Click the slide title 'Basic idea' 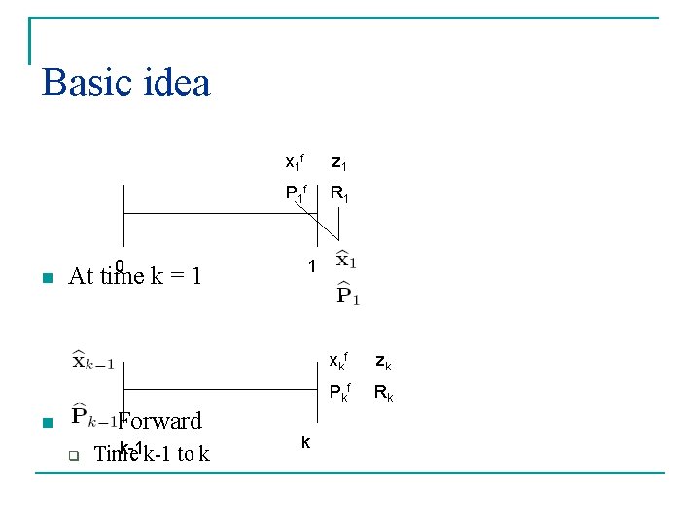click(126, 84)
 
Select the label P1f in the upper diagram click(296, 192)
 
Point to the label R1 click(340, 194)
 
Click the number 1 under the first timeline click(311, 266)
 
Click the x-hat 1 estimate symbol click(347, 261)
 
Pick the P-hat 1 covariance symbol click(348, 293)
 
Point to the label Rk click(385, 395)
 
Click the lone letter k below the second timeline click(305, 443)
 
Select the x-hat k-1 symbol click(92, 362)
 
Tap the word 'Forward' click(160, 421)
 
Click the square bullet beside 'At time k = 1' click(45, 279)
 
